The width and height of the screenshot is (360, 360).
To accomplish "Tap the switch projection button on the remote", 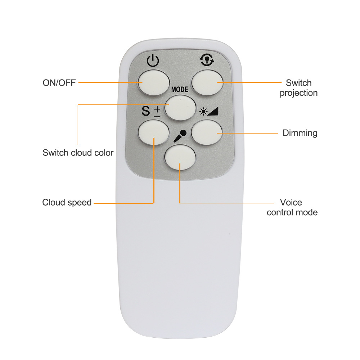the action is pos(207,82).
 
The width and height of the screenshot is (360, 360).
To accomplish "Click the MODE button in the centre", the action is pos(180,108).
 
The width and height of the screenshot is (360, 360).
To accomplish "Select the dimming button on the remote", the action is pos(207,132).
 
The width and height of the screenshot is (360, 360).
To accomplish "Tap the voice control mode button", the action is pos(180,157).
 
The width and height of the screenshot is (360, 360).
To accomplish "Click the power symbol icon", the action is pos(153,61).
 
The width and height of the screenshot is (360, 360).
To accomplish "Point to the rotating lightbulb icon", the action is pos(207,60).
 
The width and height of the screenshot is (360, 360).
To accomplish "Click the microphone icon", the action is pos(180,136).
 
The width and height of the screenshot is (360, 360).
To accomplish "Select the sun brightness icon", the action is pos(203,112).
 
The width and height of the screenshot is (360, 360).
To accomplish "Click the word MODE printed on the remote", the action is pos(180,89).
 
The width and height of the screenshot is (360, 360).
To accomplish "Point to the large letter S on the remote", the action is pos(145,111).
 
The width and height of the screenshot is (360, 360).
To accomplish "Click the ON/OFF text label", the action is pos(59,83).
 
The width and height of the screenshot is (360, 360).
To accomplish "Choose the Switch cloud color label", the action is pos(78,153).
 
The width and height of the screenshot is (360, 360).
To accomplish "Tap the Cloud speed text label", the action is pos(67,202).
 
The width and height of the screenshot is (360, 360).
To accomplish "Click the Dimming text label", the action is pos(300,133).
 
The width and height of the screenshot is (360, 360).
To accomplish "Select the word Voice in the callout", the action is pos(291,202).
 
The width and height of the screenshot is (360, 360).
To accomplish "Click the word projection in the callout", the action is pos(298,93).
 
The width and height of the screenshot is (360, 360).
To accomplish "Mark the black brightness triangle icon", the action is pos(213,111).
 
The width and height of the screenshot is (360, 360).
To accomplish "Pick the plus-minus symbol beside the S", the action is pos(157,112).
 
